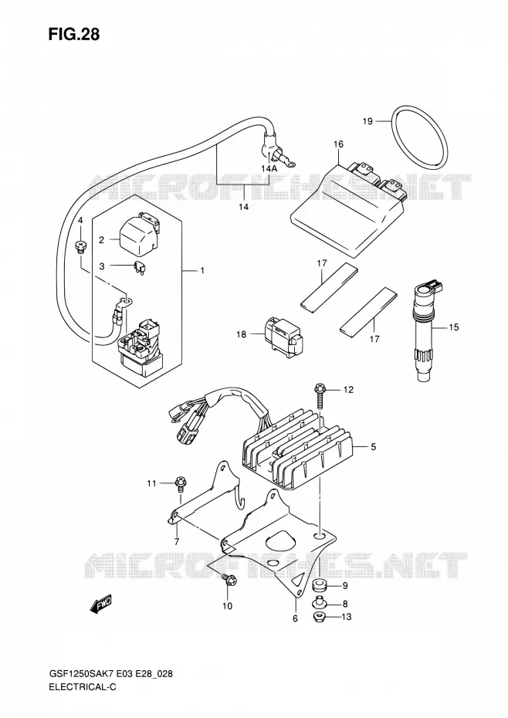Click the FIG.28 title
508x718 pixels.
[x=73, y=35]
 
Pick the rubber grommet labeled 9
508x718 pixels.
[x=320, y=586]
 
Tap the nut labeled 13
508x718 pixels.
[x=320, y=618]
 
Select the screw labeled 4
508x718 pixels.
[x=80, y=247]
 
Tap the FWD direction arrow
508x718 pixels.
[x=102, y=605]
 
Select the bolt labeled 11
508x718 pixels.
[x=180, y=486]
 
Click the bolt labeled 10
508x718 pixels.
[x=229, y=579]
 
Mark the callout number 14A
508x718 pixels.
[x=269, y=168]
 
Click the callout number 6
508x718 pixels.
[x=295, y=618]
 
